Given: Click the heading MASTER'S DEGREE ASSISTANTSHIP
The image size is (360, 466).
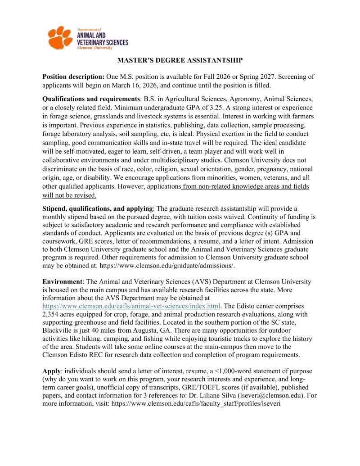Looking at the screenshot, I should point(180,60).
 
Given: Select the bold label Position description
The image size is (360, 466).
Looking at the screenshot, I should point(73,77).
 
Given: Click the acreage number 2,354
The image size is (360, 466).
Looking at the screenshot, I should point(54,314).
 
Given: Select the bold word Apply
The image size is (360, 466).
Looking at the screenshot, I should point(51,371).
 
